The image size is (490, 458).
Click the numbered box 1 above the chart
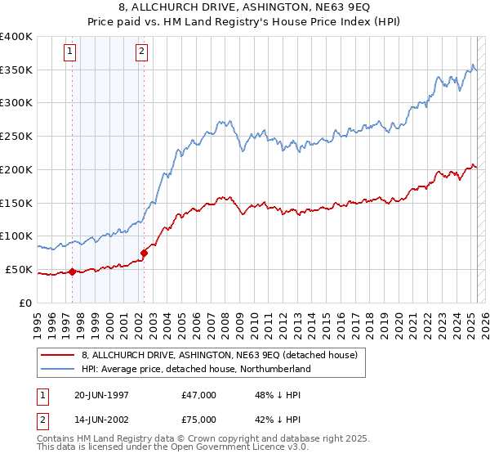[x=70, y=52]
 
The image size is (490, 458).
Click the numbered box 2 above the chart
[x=141, y=52]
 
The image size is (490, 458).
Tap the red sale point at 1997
[x=72, y=272]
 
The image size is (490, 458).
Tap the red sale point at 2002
[x=144, y=253]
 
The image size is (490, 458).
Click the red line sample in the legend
[x=58, y=356]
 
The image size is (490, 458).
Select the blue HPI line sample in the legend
[x=58, y=369]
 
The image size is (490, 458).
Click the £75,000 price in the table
[x=199, y=420]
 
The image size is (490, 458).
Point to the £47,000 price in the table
[x=199, y=395]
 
